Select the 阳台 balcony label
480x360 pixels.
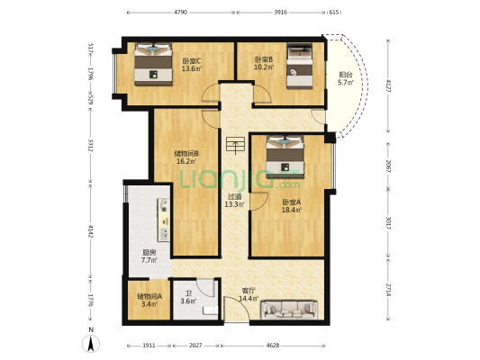coord(346,75)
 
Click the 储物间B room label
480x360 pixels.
coord(186,153)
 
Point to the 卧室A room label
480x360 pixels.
coord(292,202)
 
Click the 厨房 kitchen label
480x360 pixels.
coord(149,253)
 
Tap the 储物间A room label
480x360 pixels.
coord(149,296)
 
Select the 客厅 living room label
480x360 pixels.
coord(249,291)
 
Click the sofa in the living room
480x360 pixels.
coord(289,310)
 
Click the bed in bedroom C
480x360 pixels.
coord(153,64)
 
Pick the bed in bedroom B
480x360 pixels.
coord(300,66)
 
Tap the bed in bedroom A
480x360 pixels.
coord(285,157)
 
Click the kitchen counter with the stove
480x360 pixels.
coord(164,220)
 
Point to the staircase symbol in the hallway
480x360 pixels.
coord(235,144)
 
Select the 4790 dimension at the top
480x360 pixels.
coord(181,13)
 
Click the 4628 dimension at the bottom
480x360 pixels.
coord(273,346)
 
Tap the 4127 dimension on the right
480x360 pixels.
coord(388,86)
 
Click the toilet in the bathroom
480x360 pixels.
coord(211,310)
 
